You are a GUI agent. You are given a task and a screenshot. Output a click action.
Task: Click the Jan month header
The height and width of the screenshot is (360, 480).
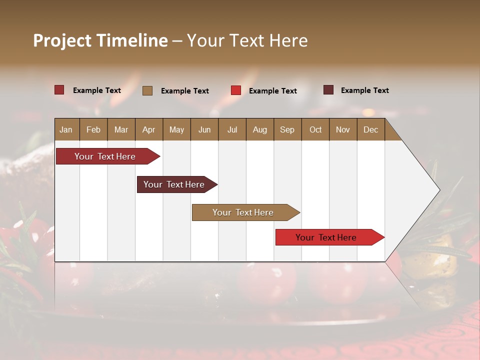click(x=66, y=129)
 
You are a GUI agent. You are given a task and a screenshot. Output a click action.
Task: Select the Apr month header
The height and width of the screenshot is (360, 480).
click(x=148, y=129)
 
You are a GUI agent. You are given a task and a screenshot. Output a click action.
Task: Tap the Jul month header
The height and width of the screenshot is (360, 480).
click(x=232, y=129)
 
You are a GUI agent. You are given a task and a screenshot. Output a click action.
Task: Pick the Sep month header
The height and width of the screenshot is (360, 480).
click(x=287, y=129)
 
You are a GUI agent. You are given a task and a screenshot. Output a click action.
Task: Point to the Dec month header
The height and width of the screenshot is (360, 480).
click(x=370, y=129)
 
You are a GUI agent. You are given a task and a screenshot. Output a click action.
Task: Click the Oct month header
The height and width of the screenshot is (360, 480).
click(x=315, y=129)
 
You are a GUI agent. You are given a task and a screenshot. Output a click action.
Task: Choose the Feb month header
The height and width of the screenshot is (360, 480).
click(x=93, y=129)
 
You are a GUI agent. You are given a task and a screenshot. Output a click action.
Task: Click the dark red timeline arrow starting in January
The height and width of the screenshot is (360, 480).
click(x=105, y=156)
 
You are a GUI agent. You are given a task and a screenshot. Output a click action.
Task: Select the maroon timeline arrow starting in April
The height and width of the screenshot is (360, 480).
click(x=174, y=184)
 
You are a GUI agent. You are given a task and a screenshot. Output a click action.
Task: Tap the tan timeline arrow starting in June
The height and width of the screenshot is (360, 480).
click(x=243, y=212)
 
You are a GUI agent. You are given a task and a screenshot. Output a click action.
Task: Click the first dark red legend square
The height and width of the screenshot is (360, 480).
click(x=59, y=90)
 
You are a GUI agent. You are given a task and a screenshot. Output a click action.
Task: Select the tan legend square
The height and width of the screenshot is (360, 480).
click(x=147, y=90)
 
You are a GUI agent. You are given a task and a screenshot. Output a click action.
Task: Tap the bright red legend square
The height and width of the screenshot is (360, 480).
click(x=236, y=90)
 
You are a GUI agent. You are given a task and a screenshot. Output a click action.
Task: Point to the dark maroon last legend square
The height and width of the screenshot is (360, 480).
click(x=328, y=90)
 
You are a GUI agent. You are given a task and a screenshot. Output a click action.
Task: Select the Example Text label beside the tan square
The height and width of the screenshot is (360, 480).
click(x=185, y=90)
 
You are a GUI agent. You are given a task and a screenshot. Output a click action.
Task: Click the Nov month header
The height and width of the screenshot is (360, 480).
click(x=343, y=129)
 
